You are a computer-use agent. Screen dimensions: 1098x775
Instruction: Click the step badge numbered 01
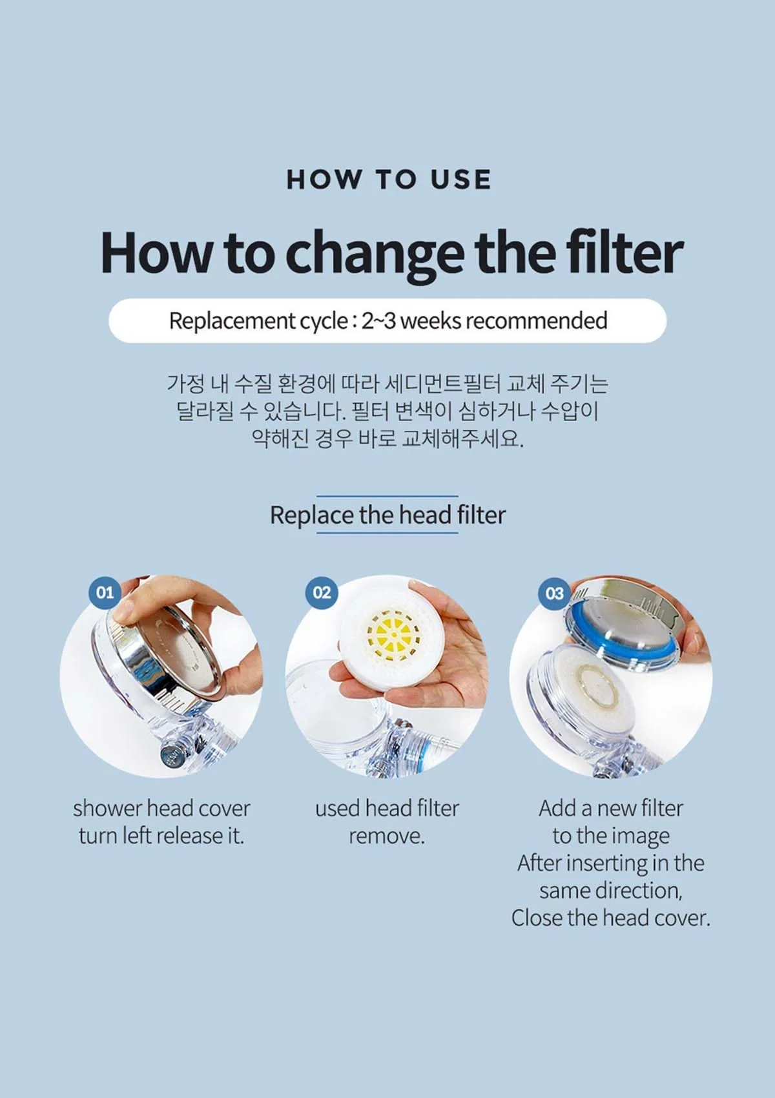pos(105,592)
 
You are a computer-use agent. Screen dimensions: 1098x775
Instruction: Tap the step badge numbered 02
pos(322,592)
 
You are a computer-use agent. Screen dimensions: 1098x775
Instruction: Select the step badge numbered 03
pos(555,593)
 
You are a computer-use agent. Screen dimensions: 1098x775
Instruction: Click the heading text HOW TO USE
pos(389,180)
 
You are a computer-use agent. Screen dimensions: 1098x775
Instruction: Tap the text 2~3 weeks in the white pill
pos(410,320)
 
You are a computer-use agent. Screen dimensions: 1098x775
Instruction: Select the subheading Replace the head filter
pos(387,515)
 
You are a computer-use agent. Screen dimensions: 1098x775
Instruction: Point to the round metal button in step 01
pos(170,754)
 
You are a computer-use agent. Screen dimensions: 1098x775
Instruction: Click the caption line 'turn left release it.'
pos(161,836)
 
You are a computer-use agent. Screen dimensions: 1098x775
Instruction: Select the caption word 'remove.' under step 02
pos(387,836)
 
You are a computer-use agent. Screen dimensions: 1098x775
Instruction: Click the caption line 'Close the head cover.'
pos(611,918)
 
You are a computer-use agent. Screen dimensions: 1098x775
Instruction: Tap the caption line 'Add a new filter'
pos(611,808)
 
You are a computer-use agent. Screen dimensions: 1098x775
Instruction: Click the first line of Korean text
pos(387,383)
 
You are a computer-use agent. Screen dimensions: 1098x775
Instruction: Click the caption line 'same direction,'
pos(611,891)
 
